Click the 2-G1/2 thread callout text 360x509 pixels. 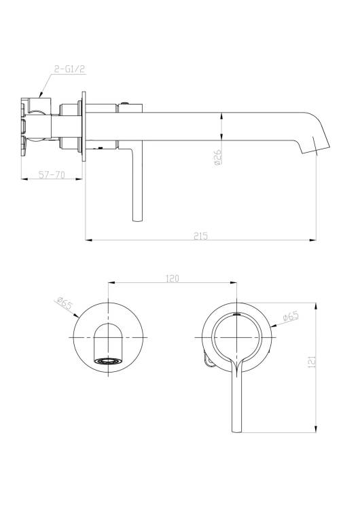point(69,69)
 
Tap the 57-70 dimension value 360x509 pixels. point(52,174)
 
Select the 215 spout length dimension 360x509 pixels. point(200,236)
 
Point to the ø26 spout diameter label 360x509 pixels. point(217,157)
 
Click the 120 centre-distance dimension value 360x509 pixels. point(173,278)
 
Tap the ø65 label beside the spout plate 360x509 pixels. point(65,303)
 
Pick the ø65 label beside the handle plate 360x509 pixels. point(291,316)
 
